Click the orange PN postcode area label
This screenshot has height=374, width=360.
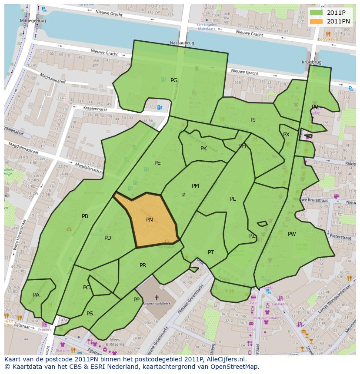coord(150,220)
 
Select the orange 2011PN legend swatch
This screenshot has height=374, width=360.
coord(316,21)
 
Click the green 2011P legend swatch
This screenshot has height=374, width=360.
coord(316,13)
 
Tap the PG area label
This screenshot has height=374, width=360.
coord(174,80)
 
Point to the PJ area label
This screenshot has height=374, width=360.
coord(253,120)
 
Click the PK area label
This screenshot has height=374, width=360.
coord(203,149)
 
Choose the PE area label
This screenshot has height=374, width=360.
coord(157,163)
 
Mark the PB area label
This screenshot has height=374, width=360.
coord(85,216)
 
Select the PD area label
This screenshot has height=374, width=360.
coord(108,238)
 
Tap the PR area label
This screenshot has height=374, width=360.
coord(143,265)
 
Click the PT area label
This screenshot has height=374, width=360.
coord(211,252)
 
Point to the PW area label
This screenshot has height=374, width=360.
coord(292,234)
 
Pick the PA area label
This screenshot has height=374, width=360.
coord(36,295)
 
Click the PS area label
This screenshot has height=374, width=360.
coord(90,314)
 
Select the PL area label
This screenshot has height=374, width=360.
coord(233,199)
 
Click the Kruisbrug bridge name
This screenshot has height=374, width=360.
coord(311,63)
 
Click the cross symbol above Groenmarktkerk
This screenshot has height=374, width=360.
coord(157,298)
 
